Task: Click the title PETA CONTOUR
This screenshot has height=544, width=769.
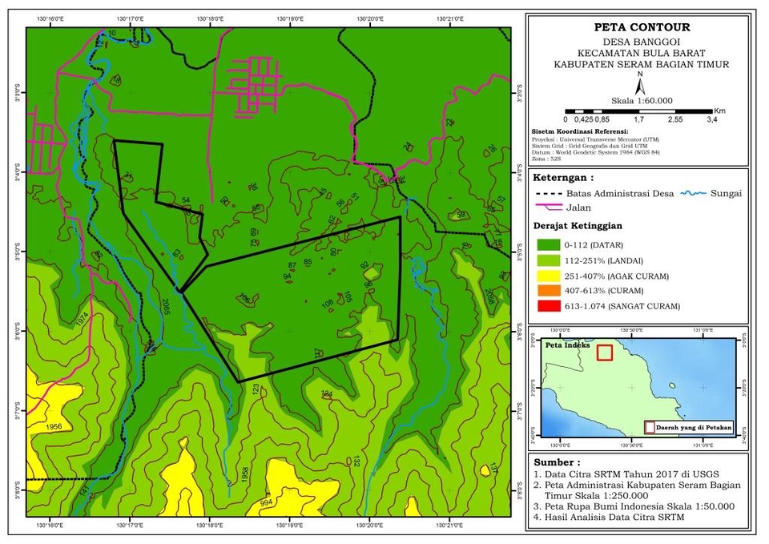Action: pos(638,27)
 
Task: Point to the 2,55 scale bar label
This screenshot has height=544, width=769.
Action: pos(675,119)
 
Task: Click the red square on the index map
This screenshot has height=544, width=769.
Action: pos(605,353)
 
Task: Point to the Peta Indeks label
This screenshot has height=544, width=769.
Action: pos(567,346)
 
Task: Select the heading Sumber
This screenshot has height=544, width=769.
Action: pos(554,462)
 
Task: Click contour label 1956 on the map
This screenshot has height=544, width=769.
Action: pos(54,426)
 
